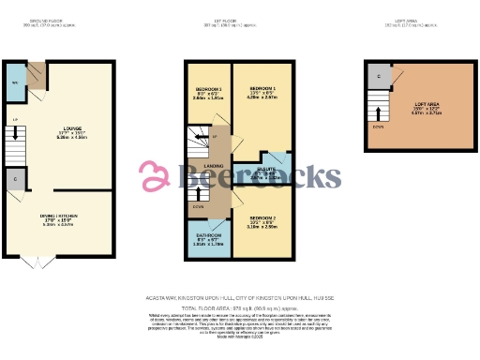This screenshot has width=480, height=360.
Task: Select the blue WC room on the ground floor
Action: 15,82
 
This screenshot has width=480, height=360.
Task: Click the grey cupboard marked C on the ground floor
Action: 17,178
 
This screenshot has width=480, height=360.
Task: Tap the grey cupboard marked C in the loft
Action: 379,76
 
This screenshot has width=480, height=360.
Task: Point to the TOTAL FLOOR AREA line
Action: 239,307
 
